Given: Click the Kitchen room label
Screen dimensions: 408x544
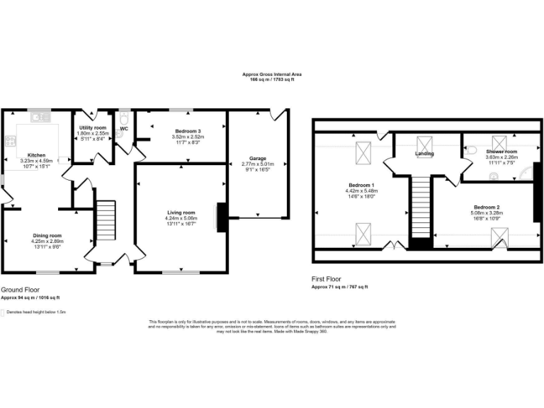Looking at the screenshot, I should coord(36,154).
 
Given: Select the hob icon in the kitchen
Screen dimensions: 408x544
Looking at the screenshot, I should coord(10,141).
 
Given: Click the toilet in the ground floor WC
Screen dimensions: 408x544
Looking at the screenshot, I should coord(123,118).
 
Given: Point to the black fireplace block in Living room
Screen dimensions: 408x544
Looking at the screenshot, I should coord(221,217).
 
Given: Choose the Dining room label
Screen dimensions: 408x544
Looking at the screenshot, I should coord(47,235).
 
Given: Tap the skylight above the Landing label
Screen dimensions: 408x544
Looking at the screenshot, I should coord(425,142).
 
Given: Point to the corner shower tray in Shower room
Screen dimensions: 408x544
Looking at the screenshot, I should coord(526,174).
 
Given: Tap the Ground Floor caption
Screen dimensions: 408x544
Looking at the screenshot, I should coord(20,290).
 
